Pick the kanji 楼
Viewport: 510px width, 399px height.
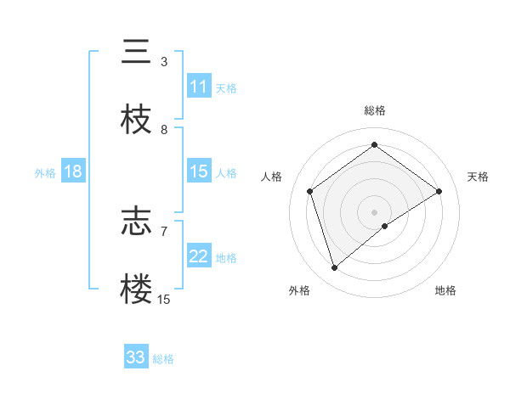tap(136, 289)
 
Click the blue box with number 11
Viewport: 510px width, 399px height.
tap(199, 87)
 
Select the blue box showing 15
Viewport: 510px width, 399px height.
tap(199, 171)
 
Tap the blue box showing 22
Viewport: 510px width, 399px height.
tap(199, 256)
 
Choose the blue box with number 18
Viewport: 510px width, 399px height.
tap(73, 171)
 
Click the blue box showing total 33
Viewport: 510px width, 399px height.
tap(136, 357)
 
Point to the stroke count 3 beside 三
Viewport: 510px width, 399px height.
tap(164, 61)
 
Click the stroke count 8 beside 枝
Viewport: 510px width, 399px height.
tap(164, 129)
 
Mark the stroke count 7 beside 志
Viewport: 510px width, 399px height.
tap(164, 230)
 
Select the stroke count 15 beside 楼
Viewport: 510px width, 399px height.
tap(163, 299)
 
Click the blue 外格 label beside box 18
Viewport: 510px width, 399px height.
tap(45, 172)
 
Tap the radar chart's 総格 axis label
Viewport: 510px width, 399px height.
tap(375, 110)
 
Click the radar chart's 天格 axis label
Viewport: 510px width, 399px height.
tap(478, 177)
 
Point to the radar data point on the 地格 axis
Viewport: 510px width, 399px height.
tap(385, 226)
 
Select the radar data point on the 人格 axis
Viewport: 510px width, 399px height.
tap(310, 191)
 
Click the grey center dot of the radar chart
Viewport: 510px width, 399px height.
tap(375, 211)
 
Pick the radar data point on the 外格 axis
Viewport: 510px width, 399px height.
tap(335, 268)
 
